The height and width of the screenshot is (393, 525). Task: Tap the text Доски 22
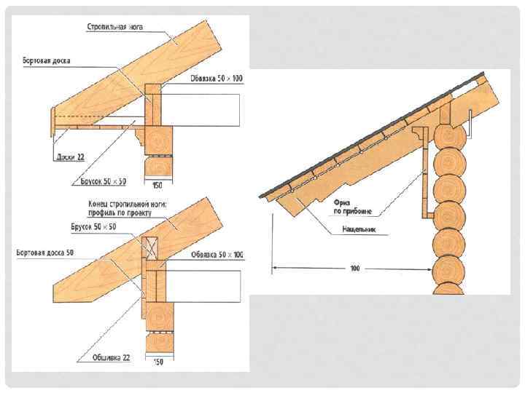[70, 156]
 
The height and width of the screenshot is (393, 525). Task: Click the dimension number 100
[355, 269]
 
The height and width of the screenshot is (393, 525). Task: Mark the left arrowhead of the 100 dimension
[276, 269]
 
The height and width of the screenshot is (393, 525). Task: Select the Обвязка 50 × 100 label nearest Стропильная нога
[217, 79]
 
